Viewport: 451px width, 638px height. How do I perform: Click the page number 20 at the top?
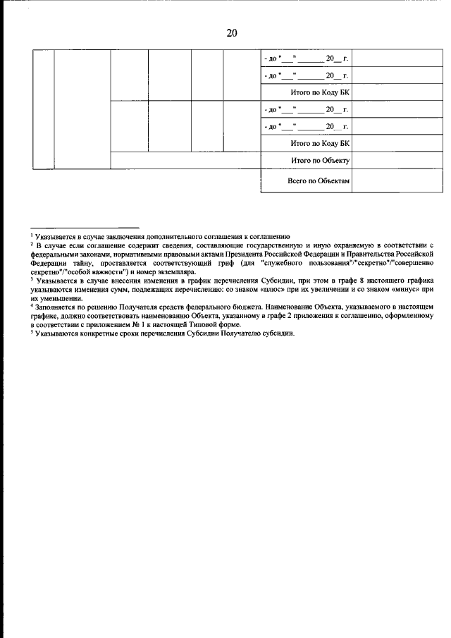[x=232, y=33]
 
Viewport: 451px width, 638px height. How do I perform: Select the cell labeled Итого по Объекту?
[x=321, y=161]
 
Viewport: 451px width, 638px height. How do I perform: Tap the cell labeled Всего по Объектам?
[x=319, y=181]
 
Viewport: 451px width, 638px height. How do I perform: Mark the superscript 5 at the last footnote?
[x=32, y=333]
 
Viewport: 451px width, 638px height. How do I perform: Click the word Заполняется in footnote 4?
[x=54, y=307]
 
